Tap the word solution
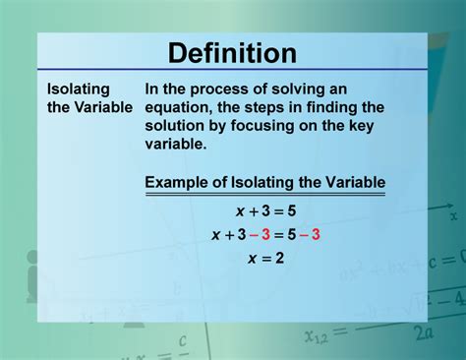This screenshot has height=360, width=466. pyautogui.click(x=180, y=124)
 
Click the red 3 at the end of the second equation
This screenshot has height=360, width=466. pyautogui.click(x=316, y=234)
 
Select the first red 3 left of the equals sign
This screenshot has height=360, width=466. pyautogui.click(x=264, y=234)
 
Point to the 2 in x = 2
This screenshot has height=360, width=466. pyautogui.click(x=279, y=258)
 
